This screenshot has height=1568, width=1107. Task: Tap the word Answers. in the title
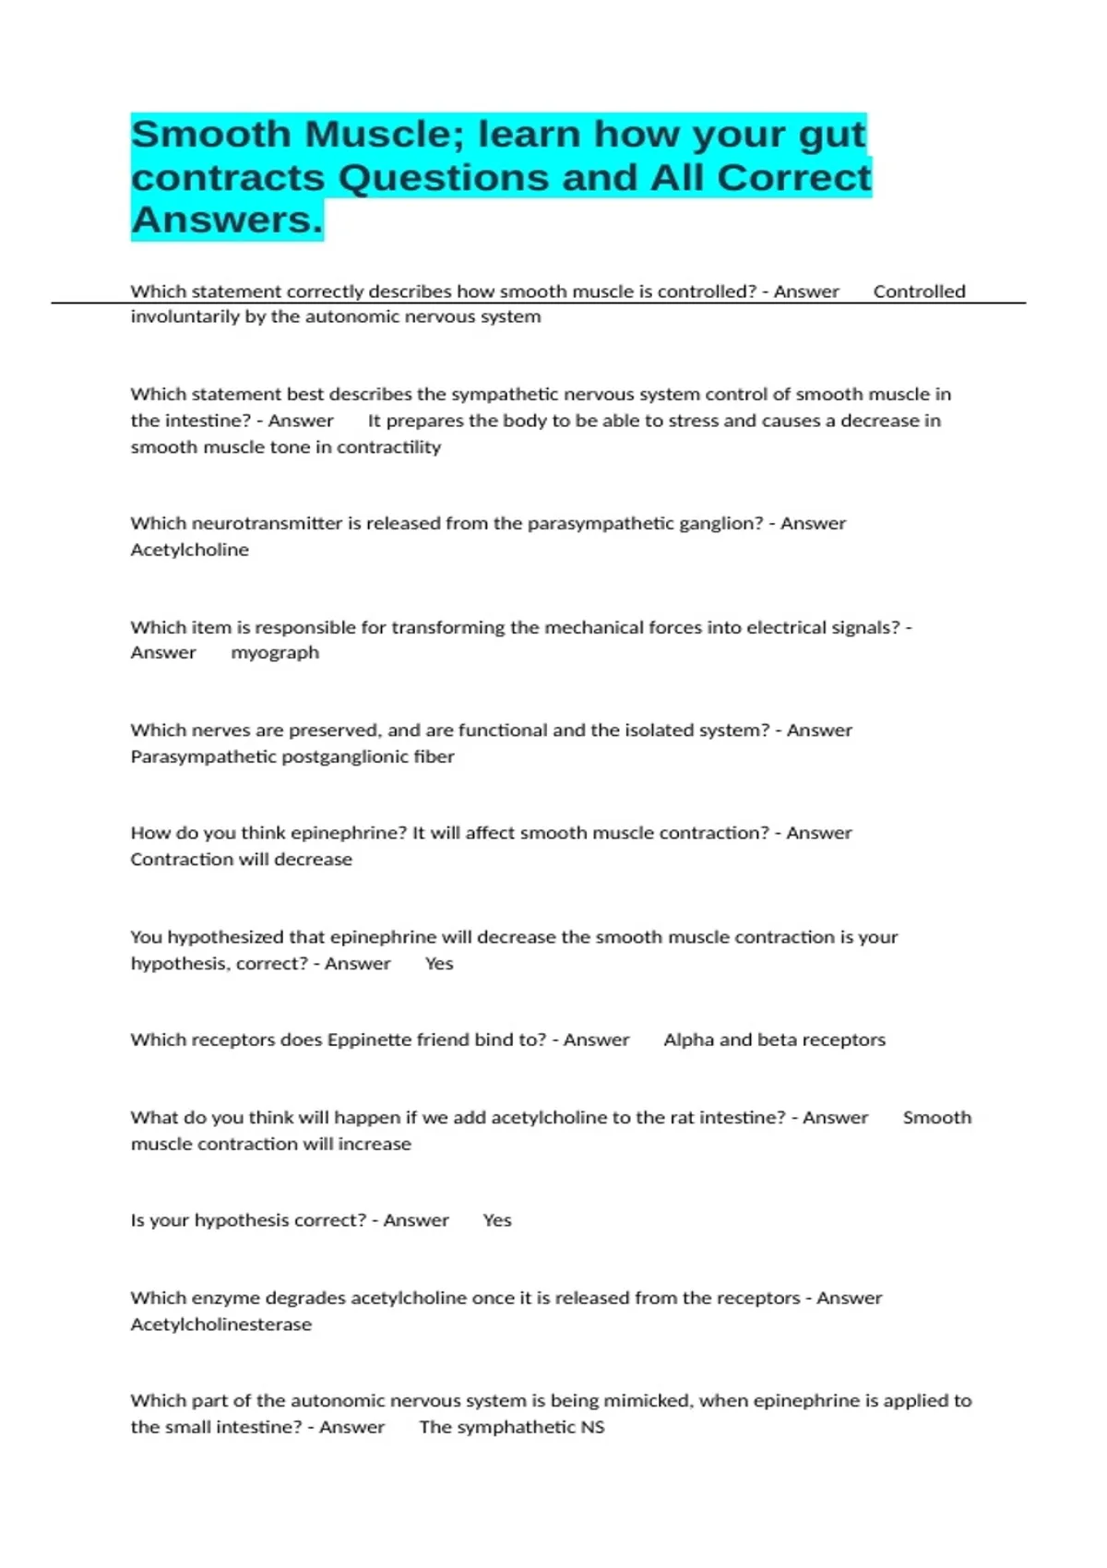pos(227,220)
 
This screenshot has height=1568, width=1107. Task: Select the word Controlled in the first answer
pos(919,291)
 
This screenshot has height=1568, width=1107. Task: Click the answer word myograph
pos(275,652)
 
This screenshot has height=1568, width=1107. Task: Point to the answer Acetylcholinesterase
pos(221,1324)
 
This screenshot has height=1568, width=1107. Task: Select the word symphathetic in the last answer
pos(512,1427)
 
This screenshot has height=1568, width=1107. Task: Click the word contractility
pos(388,446)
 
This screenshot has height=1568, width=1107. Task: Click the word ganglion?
pos(721,523)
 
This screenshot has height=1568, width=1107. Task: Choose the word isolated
pos(663,730)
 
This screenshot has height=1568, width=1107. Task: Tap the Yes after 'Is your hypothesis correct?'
pos(497,1220)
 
